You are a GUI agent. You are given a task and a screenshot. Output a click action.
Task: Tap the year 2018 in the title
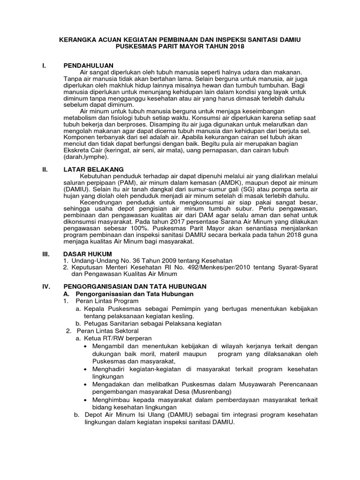pyautogui.click(x=235, y=48)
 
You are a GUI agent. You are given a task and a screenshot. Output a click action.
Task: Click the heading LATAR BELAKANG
pyautogui.click(x=93, y=169)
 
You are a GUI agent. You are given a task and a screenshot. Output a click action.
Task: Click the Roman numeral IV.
pyautogui.click(x=45, y=286)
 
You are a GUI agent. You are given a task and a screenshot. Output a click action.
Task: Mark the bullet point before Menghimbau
pyautogui.click(x=84, y=399)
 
